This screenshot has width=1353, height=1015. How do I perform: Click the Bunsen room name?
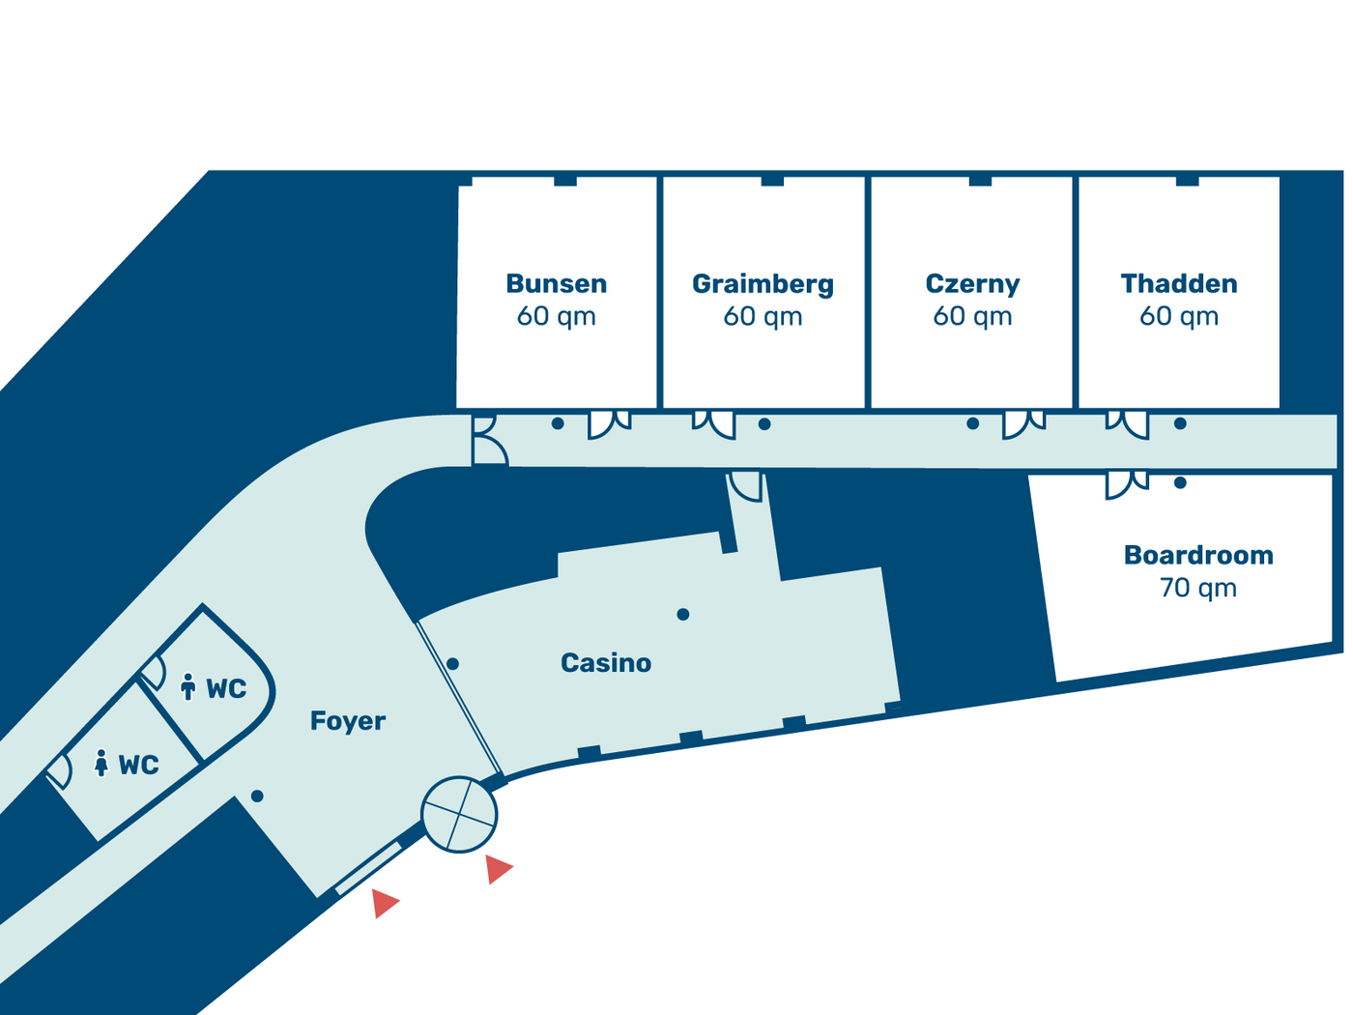[556, 283]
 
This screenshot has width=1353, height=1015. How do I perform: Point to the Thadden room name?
[1178, 283]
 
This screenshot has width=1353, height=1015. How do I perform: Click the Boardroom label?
[1198, 555]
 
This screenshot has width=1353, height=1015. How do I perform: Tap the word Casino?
[605, 663]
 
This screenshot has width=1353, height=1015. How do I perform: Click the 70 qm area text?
[1198, 588]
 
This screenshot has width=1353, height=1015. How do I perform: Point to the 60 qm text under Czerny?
[972, 317]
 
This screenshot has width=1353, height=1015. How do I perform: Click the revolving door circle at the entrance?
[459, 814]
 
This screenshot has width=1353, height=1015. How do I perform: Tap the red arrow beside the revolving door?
[498, 868]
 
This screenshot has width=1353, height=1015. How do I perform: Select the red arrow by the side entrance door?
[385, 903]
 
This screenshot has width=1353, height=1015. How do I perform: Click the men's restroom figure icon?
[188, 686]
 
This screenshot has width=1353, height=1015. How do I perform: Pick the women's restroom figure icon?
[101, 763]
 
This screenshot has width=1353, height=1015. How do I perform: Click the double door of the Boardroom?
[1127, 484]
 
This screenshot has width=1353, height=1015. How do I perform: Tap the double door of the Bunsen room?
[609, 424]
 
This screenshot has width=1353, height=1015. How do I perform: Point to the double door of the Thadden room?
[1127, 424]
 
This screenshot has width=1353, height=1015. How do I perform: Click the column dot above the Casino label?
[682, 615]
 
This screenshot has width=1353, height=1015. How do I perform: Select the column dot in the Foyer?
[257, 797]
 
